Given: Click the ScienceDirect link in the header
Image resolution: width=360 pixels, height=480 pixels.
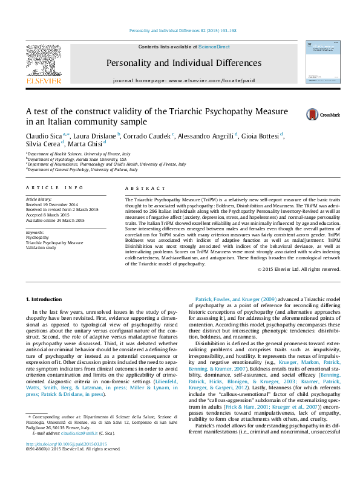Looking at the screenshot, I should [x=214, y=47].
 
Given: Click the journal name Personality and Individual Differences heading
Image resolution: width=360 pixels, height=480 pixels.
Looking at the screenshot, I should [x=180, y=62].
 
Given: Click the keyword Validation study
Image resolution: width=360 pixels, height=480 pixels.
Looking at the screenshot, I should [x=42, y=247].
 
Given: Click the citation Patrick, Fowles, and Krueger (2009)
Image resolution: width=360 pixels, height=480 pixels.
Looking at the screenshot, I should [x=235, y=300].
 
